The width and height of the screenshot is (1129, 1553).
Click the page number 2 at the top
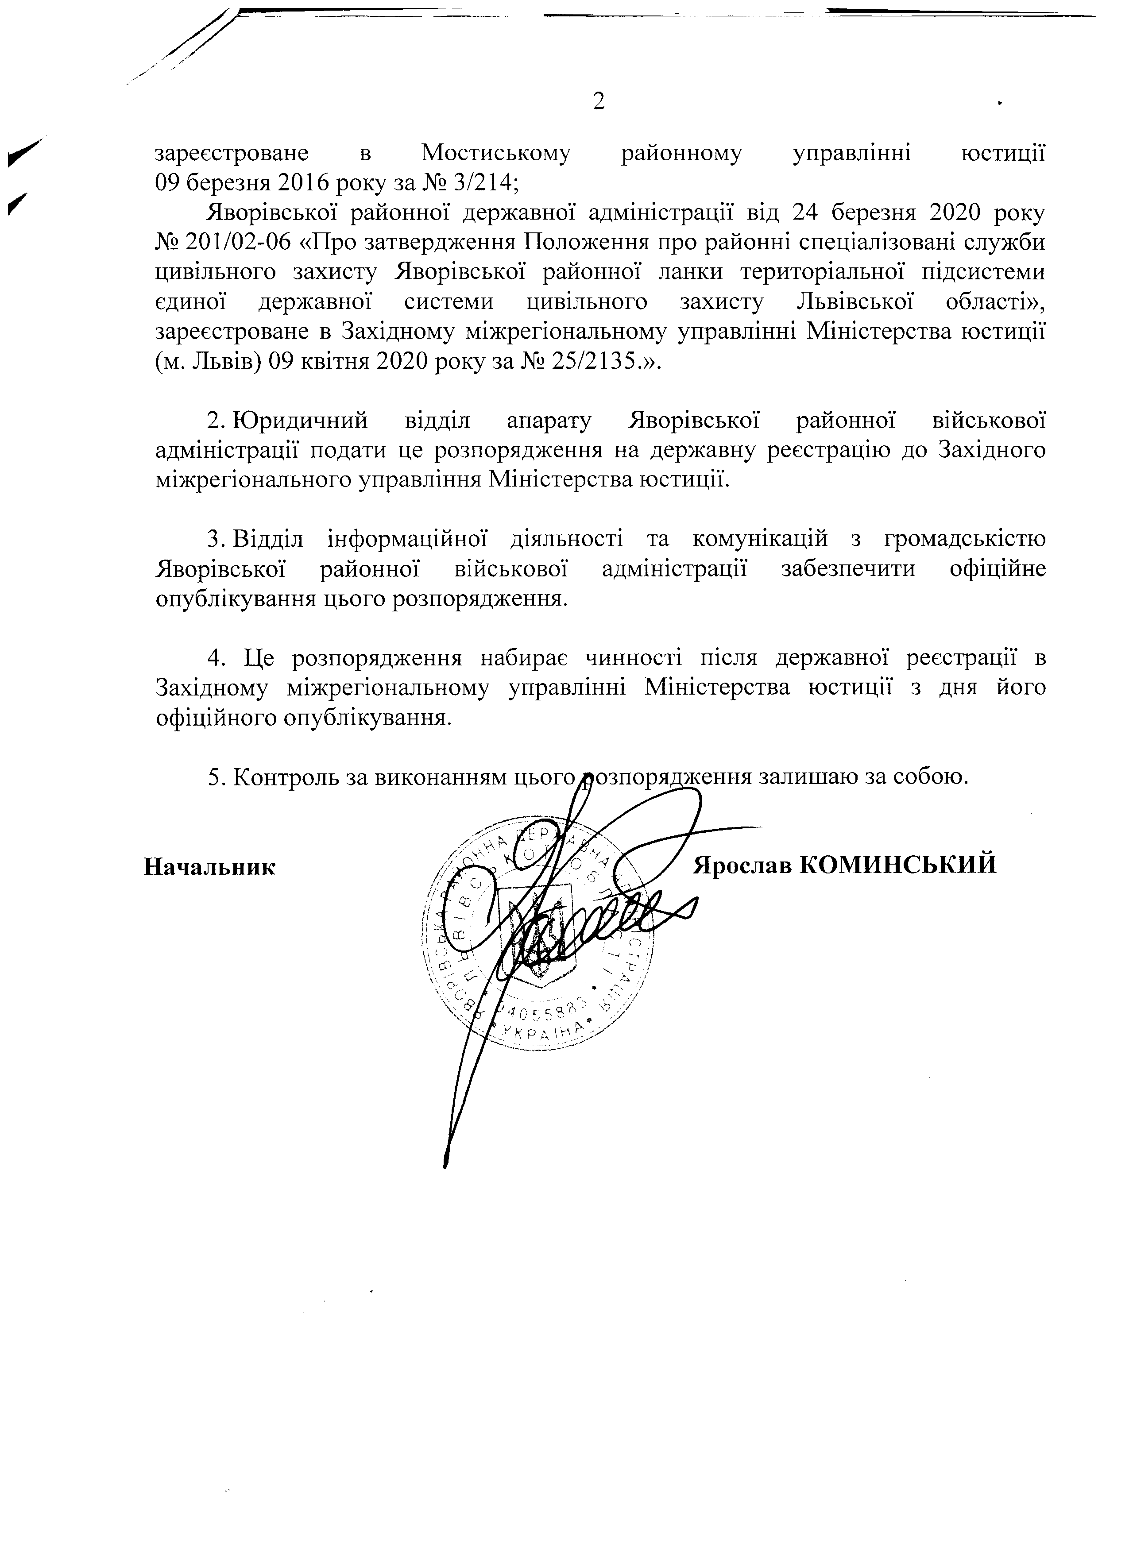(599, 102)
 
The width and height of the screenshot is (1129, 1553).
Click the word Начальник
(210, 867)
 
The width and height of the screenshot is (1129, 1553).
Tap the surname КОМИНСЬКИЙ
(897, 865)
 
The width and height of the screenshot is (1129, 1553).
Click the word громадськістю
(965, 540)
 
